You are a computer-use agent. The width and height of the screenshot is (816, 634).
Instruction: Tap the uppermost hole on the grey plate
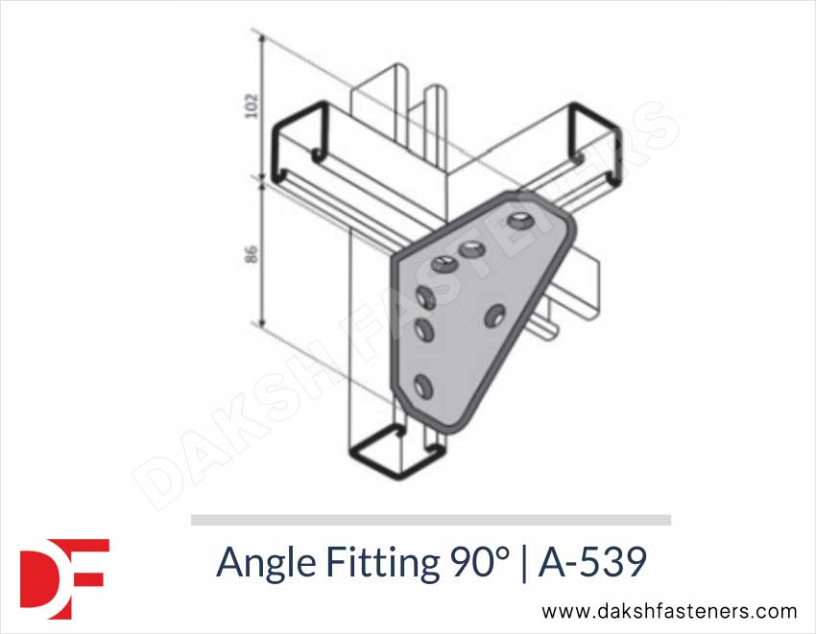tap(522, 222)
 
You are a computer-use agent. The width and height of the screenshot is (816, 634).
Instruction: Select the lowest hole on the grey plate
tap(421, 387)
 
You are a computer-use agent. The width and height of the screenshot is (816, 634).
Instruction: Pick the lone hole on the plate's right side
tap(496, 314)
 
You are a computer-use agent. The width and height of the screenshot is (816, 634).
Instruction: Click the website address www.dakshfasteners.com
tap(669, 611)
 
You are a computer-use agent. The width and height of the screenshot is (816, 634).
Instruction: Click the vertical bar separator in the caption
tap(523, 562)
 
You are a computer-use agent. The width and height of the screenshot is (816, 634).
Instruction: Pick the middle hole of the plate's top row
tap(472, 250)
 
